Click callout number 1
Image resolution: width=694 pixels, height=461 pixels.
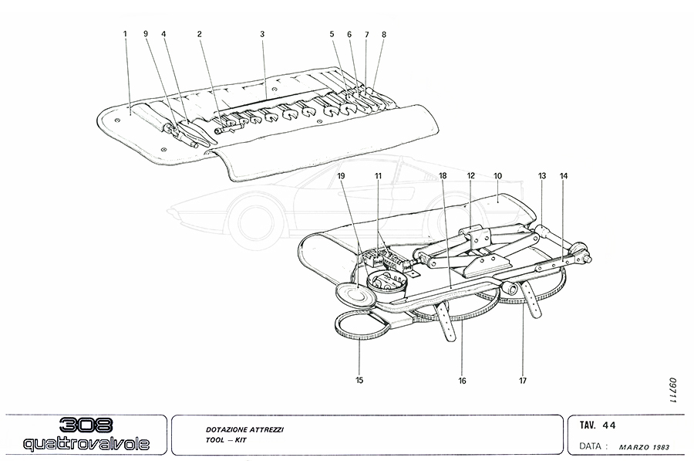(x=124, y=34)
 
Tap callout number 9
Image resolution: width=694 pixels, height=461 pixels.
(x=145, y=34)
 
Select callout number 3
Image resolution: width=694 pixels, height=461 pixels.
(x=262, y=34)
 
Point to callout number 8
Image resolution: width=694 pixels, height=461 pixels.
(x=384, y=34)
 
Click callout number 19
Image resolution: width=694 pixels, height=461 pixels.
(x=342, y=176)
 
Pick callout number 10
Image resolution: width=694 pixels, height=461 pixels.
(x=497, y=176)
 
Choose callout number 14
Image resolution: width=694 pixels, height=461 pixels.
(x=564, y=176)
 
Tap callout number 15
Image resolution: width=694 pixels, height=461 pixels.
(x=360, y=379)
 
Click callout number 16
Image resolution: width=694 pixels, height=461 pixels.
(x=463, y=379)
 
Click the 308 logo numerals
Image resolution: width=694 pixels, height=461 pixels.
(x=85, y=425)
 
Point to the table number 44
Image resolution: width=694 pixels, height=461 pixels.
(x=609, y=424)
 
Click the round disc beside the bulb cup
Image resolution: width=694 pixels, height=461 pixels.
(x=354, y=294)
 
